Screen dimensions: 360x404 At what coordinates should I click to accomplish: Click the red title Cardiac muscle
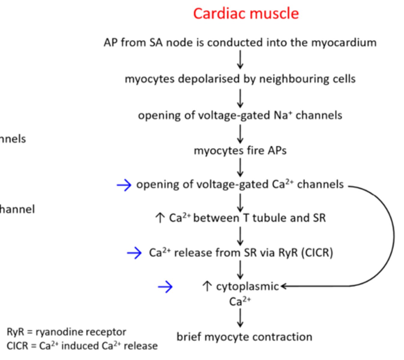(x=246, y=13)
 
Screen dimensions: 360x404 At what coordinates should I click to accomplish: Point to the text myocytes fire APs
(x=240, y=150)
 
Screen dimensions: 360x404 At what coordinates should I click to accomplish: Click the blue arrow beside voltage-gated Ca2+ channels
(x=124, y=185)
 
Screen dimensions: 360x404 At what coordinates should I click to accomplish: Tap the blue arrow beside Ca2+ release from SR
(x=134, y=253)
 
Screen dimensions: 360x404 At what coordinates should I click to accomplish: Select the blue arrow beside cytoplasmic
(x=165, y=287)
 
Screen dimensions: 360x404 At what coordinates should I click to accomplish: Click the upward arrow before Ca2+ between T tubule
(x=160, y=218)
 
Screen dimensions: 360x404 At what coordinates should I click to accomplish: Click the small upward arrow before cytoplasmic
(x=207, y=286)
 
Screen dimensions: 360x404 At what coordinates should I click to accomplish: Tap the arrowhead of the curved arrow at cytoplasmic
(x=283, y=286)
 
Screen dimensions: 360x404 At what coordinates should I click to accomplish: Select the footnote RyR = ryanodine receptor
(x=66, y=332)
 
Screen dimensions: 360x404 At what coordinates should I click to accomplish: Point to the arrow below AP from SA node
(x=240, y=59)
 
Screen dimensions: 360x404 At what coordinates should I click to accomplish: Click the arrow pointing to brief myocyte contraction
(x=240, y=318)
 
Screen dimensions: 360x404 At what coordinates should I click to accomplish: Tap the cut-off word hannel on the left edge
(x=17, y=209)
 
